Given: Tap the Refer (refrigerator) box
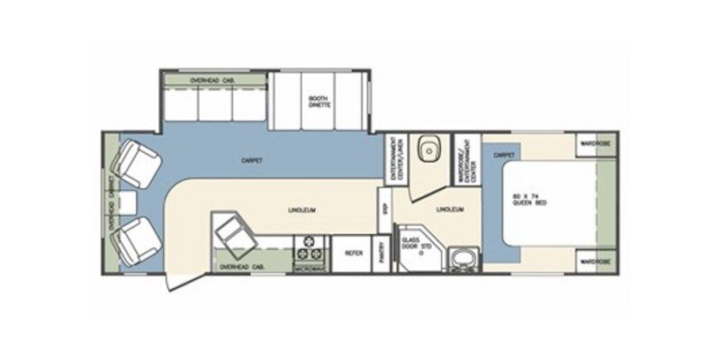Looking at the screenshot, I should pyautogui.click(x=353, y=254).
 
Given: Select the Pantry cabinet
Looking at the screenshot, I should pyautogui.click(x=382, y=254).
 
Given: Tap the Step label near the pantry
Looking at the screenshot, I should pyautogui.click(x=383, y=208).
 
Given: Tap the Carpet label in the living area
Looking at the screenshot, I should pyautogui.click(x=251, y=161).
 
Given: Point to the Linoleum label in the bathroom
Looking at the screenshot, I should pyautogui.click(x=447, y=209).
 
